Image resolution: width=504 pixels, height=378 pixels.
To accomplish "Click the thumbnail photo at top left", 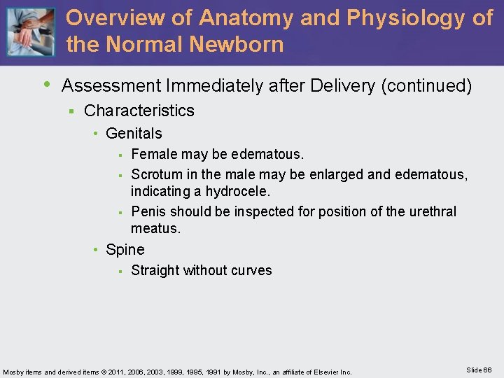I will pos(30,31).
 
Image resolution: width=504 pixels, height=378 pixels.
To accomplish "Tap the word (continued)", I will pos(426,86).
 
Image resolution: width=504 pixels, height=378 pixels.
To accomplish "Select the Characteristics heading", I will pos(139,111).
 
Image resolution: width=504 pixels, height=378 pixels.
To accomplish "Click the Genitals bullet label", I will pos(134,133).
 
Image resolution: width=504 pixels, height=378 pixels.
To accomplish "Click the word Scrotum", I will pos(156,174).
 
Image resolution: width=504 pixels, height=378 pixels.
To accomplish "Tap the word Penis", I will pos(148,211).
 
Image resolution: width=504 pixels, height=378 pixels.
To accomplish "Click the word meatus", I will pos(155,229).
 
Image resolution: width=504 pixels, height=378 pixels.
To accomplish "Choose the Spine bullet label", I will pos(125,250).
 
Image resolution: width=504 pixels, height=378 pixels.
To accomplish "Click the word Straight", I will pos(155,270).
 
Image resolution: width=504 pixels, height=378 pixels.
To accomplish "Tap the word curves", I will pos(251,270).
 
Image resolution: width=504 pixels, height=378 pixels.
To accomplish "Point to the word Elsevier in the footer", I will pos(323,372).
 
